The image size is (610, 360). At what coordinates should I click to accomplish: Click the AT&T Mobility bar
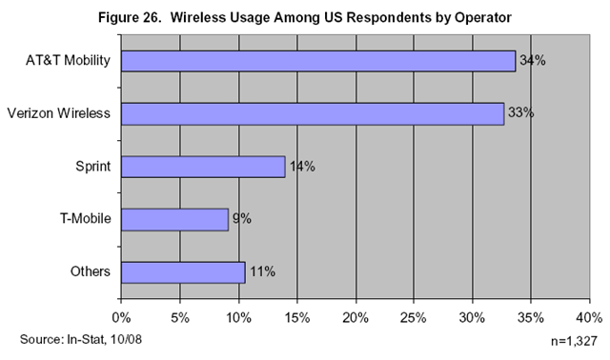click(x=318, y=61)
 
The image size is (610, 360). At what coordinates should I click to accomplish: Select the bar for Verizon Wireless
click(x=313, y=114)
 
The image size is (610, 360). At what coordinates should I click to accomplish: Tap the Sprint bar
click(x=203, y=167)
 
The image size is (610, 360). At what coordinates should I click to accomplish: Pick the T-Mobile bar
click(x=174, y=220)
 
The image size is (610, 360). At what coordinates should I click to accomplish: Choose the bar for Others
click(x=183, y=272)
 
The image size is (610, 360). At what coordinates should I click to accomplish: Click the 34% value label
click(x=533, y=61)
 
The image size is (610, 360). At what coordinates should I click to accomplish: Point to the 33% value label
click(x=521, y=112)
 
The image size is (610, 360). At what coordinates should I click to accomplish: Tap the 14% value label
click(x=302, y=167)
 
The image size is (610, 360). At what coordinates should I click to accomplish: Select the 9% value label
click(x=242, y=218)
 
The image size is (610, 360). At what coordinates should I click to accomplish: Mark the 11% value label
click(x=263, y=271)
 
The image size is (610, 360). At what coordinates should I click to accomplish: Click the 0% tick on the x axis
click(x=121, y=318)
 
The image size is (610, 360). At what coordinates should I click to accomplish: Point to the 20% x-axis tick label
click(x=356, y=318)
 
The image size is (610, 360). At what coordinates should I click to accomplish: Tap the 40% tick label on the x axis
click(x=589, y=318)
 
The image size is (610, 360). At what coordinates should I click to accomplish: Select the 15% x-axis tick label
click(x=297, y=318)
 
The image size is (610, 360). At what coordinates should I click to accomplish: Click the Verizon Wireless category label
click(x=59, y=113)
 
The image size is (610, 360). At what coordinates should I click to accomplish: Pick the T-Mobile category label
click(x=86, y=218)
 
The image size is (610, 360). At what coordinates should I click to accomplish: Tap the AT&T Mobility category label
click(x=68, y=61)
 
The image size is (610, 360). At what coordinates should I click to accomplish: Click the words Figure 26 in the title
click(x=130, y=17)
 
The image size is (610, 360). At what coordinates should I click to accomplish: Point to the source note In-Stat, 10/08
click(x=104, y=339)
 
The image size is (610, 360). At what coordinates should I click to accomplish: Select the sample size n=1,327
click(x=574, y=341)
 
